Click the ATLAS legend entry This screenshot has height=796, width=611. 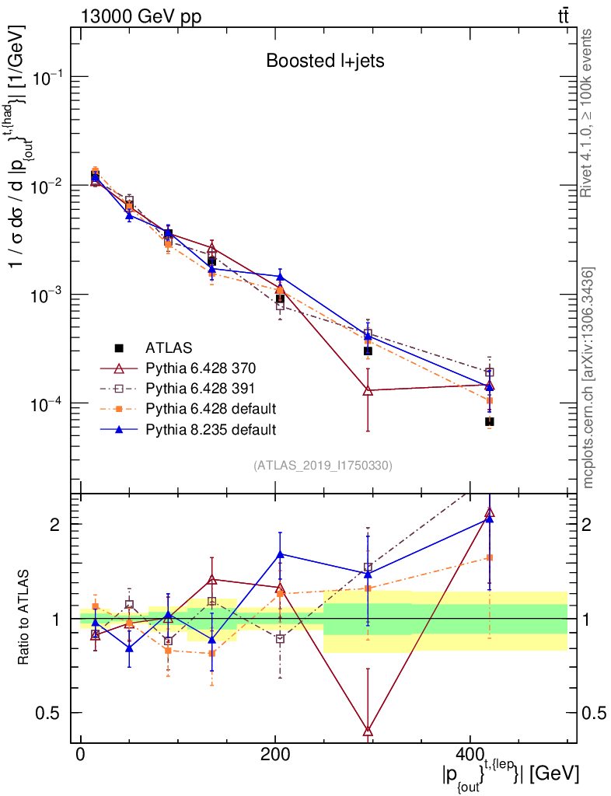point(169,347)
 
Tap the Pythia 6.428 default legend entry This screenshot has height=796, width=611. point(211,408)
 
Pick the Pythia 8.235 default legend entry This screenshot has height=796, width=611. point(211,428)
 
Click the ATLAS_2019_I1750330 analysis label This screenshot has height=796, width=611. point(323,466)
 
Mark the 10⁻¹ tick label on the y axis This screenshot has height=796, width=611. point(47,78)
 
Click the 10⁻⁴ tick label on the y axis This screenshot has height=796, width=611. point(47,403)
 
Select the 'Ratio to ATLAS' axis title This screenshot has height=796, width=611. point(25,618)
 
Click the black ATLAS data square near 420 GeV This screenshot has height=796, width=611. point(490,421)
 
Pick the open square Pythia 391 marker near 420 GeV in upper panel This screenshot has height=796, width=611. point(489,372)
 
